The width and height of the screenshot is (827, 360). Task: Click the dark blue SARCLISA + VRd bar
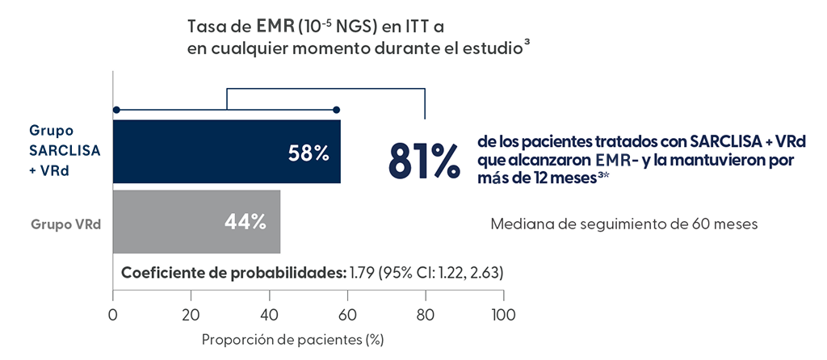(x=202, y=152)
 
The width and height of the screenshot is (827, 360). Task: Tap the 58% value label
(x=309, y=153)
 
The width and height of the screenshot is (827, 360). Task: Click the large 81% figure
(x=424, y=161)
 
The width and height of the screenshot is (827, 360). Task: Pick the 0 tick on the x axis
(x=113, y=314)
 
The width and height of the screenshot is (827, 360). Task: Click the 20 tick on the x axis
(x=191, y=314)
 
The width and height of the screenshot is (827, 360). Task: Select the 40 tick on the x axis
(x=269, y=314)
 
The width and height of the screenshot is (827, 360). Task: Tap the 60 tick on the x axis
(x=347, y=314)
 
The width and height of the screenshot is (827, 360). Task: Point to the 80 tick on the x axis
(x=425, y=314)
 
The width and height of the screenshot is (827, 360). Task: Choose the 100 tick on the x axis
(x=502, y=314)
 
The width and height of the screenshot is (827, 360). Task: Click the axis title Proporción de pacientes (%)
(x=292, y=339)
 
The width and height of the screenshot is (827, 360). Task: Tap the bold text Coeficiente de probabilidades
(x=232, y=272)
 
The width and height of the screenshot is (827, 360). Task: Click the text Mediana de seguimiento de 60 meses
(x=624, y=224)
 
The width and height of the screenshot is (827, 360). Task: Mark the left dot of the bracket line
(x=116, y=109)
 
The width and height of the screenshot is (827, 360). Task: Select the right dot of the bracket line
(x=337, y=109)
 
